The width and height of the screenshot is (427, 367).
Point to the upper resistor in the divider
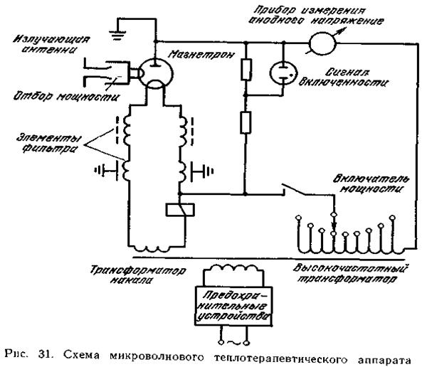tap(245, 71)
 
